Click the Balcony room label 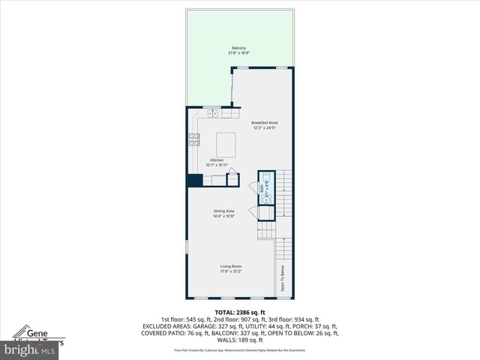coord(238,48)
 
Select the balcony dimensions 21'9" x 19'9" coord(238,53)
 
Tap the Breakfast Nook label coord(263,122)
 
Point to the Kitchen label coord(217,160)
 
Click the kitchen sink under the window coord(213,114)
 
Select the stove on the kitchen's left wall coord(194,139)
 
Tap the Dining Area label coord(224,211)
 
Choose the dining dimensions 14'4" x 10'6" coord(224,216)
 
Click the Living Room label coord(230,266)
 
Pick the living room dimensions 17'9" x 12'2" coord(230,271)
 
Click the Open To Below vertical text coord(283,279)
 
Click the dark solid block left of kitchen coord(194,180)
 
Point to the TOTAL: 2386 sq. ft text coord(240,312)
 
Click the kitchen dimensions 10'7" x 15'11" coord(217,166)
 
